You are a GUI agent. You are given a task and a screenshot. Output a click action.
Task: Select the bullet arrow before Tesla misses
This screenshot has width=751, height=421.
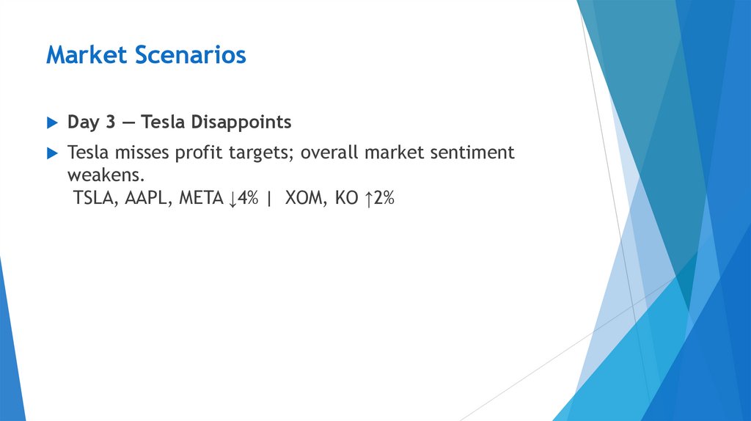[51, 153]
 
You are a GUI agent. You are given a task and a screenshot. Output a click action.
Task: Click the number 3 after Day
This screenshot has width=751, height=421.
[110, 122]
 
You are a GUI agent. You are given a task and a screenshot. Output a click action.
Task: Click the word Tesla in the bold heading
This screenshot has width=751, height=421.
[162, 122]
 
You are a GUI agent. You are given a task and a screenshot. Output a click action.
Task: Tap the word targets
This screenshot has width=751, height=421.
[254, 153]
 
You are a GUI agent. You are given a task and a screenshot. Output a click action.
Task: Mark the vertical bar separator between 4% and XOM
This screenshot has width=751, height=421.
[268, 199]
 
